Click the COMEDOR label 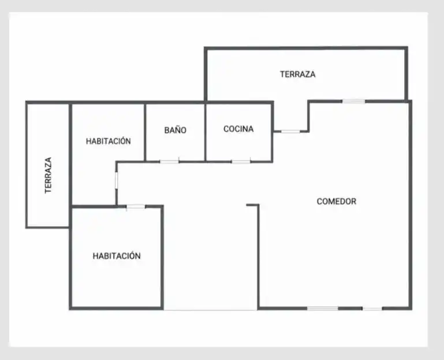point(337,201)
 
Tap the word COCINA point(238,129)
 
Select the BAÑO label point(176,130)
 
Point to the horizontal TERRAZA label point(297,75)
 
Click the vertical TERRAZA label point(48,176)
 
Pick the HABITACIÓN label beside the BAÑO point(109,141)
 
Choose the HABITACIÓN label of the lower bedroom point(117,255)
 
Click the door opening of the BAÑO point(169,162)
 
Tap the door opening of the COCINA point(241,162)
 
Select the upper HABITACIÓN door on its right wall point(117,180)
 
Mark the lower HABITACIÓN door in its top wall point(136,207)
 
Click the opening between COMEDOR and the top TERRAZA point(354,102)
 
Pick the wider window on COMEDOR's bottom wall point(323,309)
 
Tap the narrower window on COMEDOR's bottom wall point(372,309)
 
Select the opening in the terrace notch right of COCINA point(290,131)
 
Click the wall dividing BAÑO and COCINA point(206,132)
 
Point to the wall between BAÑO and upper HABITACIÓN point(145,132)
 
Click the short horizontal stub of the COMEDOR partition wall point(252,205)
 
